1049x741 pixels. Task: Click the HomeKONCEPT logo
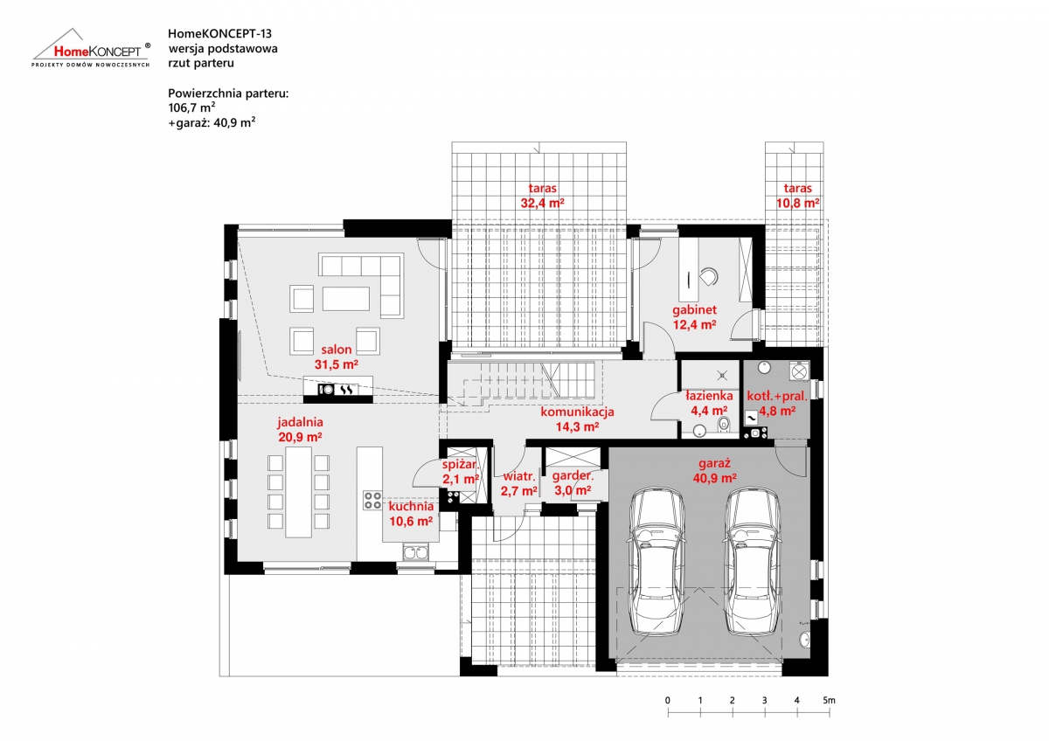coord(91,48)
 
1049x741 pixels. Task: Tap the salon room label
coord(336,350)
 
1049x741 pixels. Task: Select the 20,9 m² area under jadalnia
coord(300,437)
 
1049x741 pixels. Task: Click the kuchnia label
coord(411,506)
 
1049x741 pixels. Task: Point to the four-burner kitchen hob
coord(372,500)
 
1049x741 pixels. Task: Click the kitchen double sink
coord(415,552)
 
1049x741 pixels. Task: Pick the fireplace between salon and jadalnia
coord(338,390)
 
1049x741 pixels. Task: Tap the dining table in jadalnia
coord(298,492)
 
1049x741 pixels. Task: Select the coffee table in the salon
coord(346,299)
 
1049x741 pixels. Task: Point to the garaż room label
coord(714,463)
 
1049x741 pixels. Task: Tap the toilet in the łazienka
coord(724,425)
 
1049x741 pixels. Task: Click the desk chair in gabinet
coord(708,276)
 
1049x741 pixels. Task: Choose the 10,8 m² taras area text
coord(797,203)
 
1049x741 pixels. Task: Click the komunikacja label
coord(577,412)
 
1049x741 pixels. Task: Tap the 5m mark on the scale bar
coord(829,700)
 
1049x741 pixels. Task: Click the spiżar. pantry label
coord(460,464)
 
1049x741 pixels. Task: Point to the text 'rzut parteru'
coord(201,63)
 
